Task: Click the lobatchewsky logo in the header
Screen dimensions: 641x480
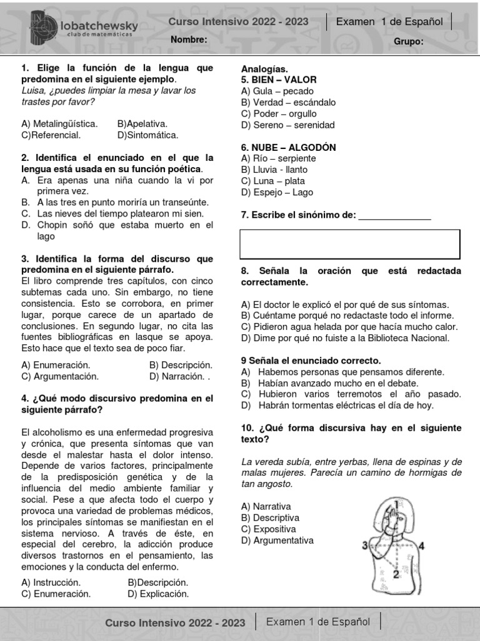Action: click(x=84, y=28)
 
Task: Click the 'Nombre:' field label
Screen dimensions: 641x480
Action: click(x=189, y=40)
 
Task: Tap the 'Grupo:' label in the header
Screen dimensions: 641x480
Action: click(x=409, y=41)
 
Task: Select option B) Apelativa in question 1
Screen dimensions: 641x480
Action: click(x=142, y=124)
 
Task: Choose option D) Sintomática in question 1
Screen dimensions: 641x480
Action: click(x=147, y=135)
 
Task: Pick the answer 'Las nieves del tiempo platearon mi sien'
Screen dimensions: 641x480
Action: click(x=121, y=214)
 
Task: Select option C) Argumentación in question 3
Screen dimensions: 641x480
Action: click(x=60, y=376)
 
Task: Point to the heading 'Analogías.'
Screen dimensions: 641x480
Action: click(x=264, y=69)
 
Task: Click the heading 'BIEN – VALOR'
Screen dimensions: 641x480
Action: click(x=279, y=80)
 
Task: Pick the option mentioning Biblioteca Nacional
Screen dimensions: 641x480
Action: click(x=345, y=338)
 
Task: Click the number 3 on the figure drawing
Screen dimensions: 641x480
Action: click(x=364, y=546)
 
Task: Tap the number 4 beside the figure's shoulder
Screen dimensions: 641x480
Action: click(x=422, y=546)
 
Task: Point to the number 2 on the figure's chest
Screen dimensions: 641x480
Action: click(x=396, y=573)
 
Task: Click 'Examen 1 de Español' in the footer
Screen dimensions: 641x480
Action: click(x=318, y=622)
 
